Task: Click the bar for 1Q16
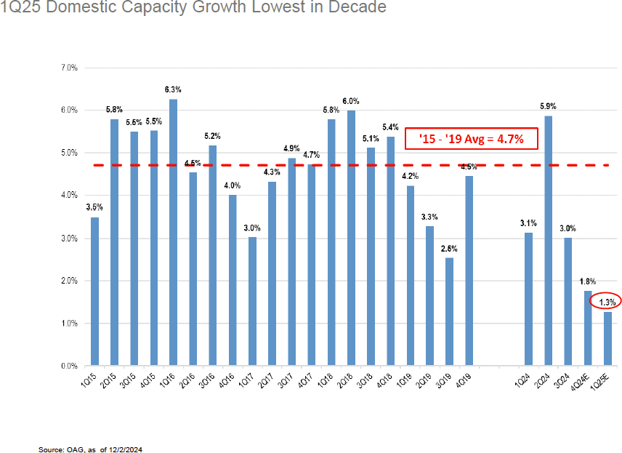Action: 173,232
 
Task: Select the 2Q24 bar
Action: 548,241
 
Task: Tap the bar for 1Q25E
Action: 607,338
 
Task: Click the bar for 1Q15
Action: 94,291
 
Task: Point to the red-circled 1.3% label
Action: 606,302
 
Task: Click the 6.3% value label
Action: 173,89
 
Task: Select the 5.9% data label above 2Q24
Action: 548,106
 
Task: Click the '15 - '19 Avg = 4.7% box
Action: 471,137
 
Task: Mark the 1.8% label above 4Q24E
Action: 587,281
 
